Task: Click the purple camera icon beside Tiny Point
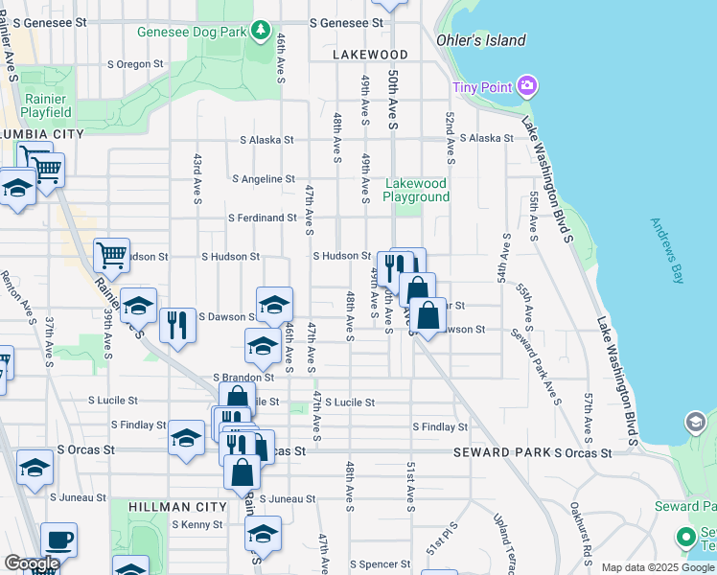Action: click(x=526, y=88)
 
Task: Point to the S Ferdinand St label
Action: click(x=262, y=218)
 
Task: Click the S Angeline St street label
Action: click(x=264, y=179)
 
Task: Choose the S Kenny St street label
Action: click(x=197, y=525)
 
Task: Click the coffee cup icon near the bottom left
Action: click(x=58, y=540)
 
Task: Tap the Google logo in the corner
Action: click(x=31, y=563)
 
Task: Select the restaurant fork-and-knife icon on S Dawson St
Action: click(x=177, y=325)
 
